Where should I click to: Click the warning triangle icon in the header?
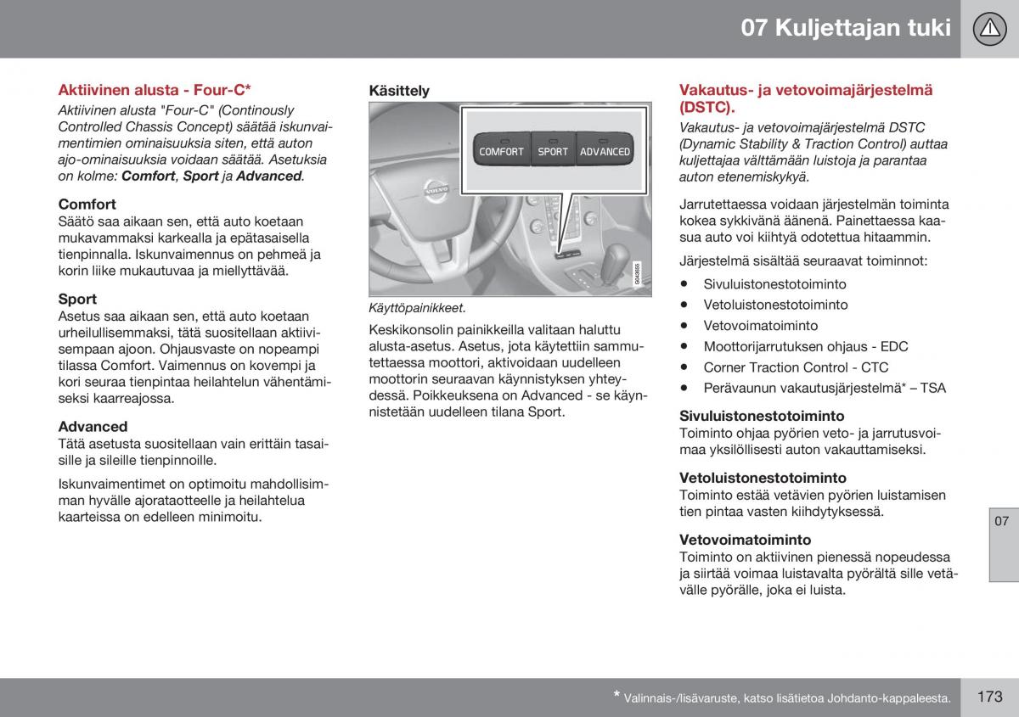(x=989, y=29)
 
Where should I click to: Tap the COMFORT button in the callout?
(x=501, y=151)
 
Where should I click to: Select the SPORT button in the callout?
(x=553, y=151)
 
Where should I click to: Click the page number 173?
(x=989, y=697)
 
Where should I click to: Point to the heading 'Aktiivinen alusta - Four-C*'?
(x=155, y=89)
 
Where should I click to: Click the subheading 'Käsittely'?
(x=399, y=91)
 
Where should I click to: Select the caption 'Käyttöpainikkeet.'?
(x=417, y=309)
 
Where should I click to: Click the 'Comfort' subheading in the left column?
(x=87, y=204)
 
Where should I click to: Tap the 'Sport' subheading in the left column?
(x=77, y=299)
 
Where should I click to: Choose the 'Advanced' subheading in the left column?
(x=93, y=427)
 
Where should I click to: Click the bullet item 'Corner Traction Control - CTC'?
(x=796, y=367)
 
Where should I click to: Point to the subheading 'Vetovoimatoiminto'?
(x=745, y=540)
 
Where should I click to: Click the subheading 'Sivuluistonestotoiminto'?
(x=762, y=416)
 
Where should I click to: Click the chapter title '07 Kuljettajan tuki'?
(x=845, y=28)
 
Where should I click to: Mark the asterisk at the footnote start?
(x=617, y=695)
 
